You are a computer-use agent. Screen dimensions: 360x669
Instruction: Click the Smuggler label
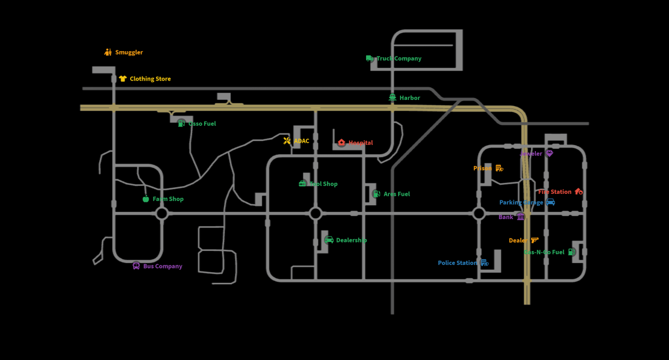(x=129, y=52)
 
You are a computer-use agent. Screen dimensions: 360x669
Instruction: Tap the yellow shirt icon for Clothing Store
(x=123, y=79)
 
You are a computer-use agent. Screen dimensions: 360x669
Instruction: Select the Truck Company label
(x=399, y=58)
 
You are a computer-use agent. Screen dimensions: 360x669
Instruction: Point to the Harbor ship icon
(x=392, y=98)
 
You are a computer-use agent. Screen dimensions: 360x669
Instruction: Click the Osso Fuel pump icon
(x=181, y=123)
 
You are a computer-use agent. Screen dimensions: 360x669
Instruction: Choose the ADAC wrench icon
(x=287, y=141)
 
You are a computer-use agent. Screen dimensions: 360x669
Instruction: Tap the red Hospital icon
(x=341, y=143)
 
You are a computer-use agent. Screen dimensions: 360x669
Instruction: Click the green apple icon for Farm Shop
(x=146, y=199)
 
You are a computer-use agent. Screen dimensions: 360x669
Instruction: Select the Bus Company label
(x=163, y=266)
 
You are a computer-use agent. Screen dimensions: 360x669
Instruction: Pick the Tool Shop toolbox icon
(x=302, y=184)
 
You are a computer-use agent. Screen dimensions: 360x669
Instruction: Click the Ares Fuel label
(x=396, y=194)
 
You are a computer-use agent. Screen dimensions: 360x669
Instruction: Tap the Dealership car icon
(x=329, y=240)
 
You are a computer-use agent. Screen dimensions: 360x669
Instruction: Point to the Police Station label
(x=457, y=263)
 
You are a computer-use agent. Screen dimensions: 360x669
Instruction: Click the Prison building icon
(x=499, y=169)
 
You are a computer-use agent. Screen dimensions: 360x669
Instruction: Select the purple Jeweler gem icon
(x=549, y=154)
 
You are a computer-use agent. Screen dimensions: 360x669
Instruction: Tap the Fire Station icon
(x=579, y=191)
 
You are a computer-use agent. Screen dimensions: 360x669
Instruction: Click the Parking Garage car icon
(x=550, y=202)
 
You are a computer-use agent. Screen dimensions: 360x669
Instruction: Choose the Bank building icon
(x=521, y=217)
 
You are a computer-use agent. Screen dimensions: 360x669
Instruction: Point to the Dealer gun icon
(x=535, y=240)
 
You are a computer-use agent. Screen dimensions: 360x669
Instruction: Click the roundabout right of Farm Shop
(x=161, y=213)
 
